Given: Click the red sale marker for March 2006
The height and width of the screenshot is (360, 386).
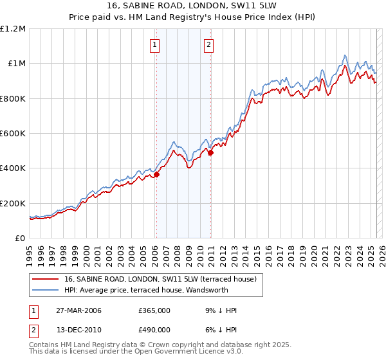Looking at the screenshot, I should pyautogui.click(x=156, y=174).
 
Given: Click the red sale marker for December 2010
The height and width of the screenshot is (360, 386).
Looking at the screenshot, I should pyautogui.click(x=210, y=152).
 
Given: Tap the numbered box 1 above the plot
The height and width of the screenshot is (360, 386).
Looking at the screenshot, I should pyautogui.click(x=156, y=45).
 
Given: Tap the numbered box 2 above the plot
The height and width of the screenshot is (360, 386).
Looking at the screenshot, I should pyautogui.click(x=210, y=45).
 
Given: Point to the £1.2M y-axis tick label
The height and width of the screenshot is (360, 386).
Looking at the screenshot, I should pyautogui.click(x=13, y=29).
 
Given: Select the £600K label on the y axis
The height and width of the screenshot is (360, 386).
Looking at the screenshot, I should pyautogui.click(x=13, y=134).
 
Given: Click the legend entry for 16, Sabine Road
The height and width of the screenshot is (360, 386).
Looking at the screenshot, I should pyautogui.click(x=160, y=279).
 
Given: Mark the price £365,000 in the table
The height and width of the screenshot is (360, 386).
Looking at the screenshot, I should pyautogui.click(x=154, y=310).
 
